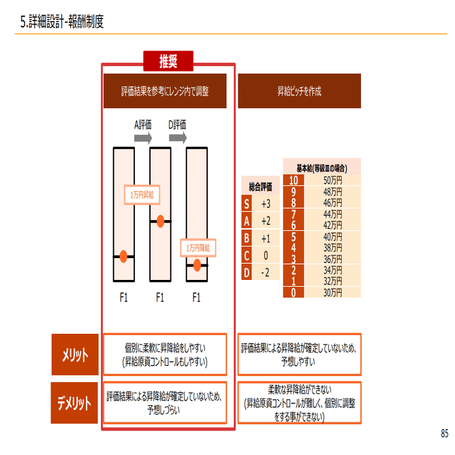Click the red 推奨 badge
[168, 62]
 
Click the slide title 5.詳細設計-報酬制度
[62, 22]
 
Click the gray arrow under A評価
[143, 138]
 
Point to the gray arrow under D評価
[178, 138]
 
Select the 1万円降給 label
[198, 248]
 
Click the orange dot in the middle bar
[160, 221]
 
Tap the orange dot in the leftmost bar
[123, 256]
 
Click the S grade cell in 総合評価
[247, 204]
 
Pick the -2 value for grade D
[266, 272]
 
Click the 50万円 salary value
[332, 181]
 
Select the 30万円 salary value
[332, 292]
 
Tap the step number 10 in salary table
[293, 181]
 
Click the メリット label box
[75, 354]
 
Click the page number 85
[444, 433]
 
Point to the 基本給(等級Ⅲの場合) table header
[321, 168]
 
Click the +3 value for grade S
[266, 204]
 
